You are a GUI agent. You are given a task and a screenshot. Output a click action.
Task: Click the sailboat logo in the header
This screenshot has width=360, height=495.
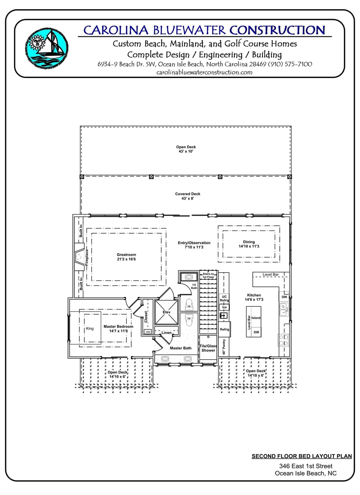click(47, 48)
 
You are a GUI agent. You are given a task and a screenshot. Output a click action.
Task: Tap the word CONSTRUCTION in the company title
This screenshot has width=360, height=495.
click(277, 30)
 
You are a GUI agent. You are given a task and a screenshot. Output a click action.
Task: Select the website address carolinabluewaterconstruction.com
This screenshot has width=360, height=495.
click(204, 72)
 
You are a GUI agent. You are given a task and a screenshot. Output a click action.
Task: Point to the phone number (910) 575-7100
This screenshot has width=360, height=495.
click(290, 64)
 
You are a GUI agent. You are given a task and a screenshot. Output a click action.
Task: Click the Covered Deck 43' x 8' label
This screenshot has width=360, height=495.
click(187, 196)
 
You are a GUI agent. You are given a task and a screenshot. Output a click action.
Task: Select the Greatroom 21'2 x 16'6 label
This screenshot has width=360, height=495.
click(126, 257)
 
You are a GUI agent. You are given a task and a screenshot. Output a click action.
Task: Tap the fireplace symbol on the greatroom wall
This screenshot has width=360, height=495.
click(79, 257)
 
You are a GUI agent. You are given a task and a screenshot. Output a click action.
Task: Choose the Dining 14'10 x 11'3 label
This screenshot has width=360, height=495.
click(249, 244)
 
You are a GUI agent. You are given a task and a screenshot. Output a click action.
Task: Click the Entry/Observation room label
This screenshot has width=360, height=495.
click(194, 245)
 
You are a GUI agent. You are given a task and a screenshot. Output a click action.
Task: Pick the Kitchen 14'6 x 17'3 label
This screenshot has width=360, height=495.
click(254, 297)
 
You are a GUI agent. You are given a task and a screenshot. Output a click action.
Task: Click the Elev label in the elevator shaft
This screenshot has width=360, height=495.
click(166, 312)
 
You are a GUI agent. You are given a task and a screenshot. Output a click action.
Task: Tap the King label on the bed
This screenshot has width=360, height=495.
click(90, 328)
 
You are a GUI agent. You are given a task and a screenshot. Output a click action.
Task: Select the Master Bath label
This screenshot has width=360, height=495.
click(180, 348)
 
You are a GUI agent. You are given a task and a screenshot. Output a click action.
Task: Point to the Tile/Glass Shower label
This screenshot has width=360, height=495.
click(208, 348)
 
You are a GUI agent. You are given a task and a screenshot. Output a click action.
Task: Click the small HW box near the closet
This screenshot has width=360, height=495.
click(148, 332)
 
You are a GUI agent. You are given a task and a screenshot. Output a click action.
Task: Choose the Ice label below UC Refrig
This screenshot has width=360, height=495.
click(224, 307)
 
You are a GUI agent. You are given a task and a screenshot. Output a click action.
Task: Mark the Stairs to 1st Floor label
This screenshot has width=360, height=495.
click(208, 275)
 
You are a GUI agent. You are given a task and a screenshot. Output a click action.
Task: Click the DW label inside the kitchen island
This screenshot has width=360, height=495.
click(256, 332)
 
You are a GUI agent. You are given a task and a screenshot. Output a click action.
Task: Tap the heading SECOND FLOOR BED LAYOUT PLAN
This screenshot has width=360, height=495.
click(301, 456)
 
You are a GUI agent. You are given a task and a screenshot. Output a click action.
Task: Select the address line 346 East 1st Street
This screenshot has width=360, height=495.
click(306, 466)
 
